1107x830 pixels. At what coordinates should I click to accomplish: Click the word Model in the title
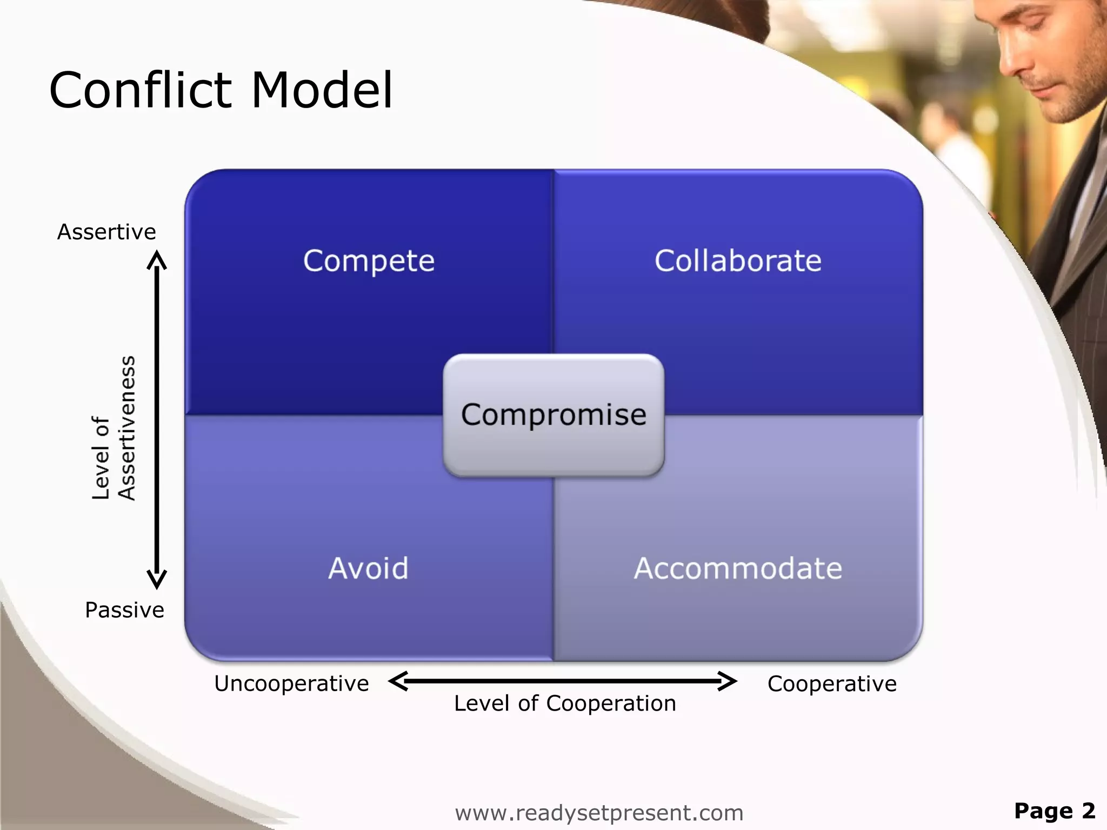click(322, 90)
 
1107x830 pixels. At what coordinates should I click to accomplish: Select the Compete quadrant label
click(369, 261)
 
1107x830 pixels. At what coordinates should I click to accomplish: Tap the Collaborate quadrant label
click(738, 261)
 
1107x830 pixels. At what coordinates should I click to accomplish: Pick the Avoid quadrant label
click(368, 568)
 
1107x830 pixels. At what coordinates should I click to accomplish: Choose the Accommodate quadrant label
click(738, 568)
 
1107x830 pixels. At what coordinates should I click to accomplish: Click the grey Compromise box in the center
click(553, 415)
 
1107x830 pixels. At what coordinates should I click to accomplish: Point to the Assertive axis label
click(106, 232)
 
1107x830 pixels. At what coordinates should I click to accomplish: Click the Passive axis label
click(124, 610)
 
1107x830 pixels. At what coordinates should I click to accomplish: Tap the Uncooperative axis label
click(291, 684)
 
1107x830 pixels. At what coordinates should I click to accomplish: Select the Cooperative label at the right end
click(832, 684)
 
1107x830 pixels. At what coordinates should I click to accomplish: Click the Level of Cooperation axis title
click(565, 704)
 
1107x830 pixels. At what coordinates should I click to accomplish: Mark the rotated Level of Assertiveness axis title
click(114, 428)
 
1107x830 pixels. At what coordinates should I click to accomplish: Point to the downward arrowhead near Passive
click(157, 581)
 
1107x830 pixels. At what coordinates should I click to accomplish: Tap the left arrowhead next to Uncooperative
click(397, 681)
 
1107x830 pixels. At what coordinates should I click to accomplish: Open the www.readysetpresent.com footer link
click(599, 813)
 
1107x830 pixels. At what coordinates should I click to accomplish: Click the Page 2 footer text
click(1054, 811)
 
